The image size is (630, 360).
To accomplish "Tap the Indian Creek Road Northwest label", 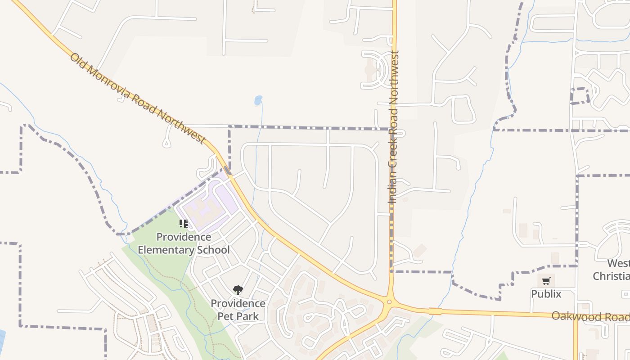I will (x=394, y=127).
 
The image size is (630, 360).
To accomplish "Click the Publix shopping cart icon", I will (x=546, y=281).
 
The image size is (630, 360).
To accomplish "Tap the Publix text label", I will (x=546, y=294).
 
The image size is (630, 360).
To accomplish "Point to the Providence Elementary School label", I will (x=184, y=243).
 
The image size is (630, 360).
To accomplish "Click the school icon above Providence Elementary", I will (x=183, y=223).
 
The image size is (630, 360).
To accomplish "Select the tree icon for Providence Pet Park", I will (x=238, y=290).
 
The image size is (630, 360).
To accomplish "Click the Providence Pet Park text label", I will (x=238, y=310).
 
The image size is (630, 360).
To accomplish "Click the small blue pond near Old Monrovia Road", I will (x=258, y=100).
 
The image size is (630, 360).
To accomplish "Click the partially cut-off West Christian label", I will (x=612, y=270).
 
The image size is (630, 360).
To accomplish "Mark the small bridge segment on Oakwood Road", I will (x=435, y=311).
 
